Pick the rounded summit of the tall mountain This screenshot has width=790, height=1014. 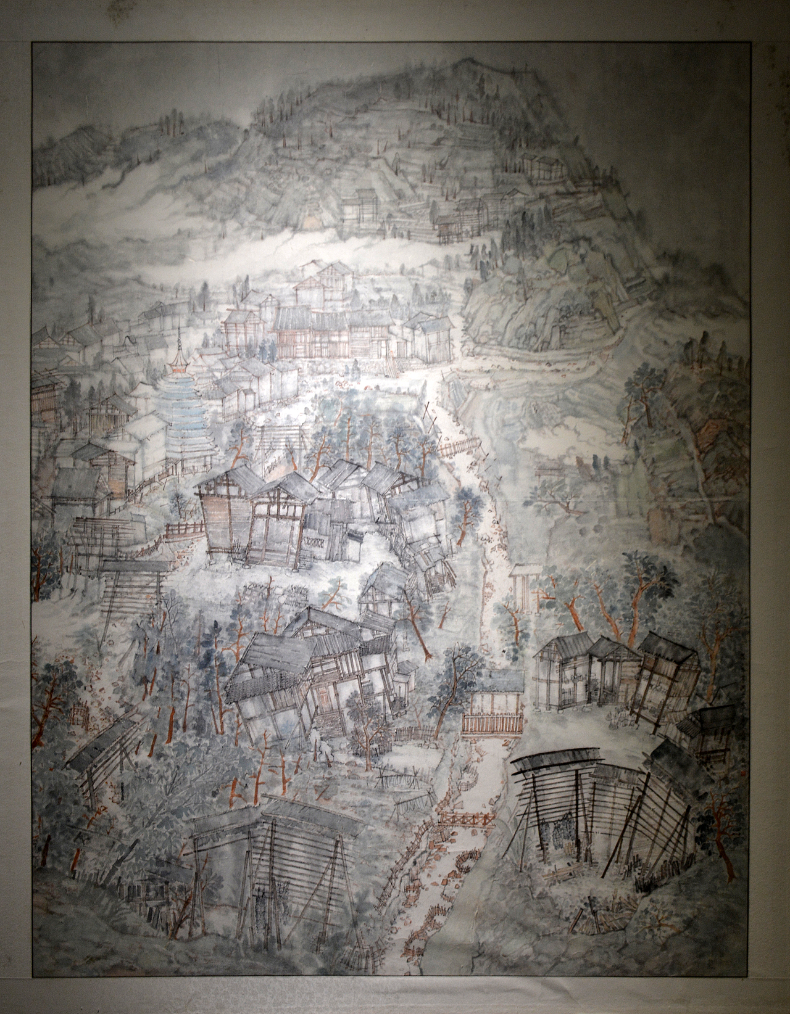[469, 62]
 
